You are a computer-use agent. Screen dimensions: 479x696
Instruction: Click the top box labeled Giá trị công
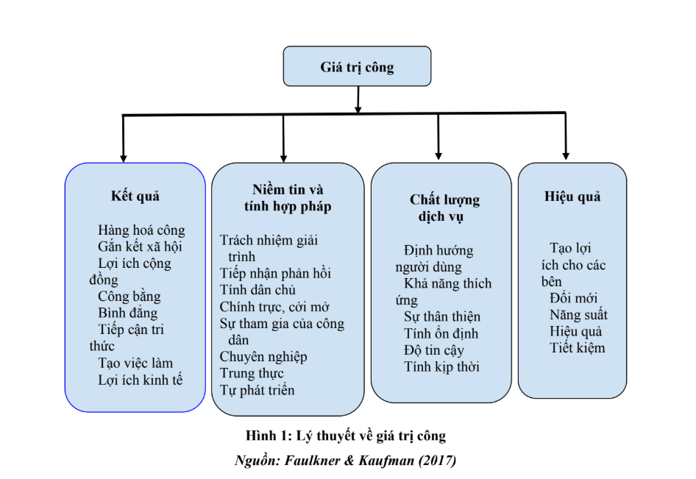click(x=357, y=68)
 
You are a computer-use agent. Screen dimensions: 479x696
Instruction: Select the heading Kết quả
click(x=135, y=196)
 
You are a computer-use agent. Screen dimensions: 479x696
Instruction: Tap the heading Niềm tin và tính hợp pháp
click(x=287, y=198)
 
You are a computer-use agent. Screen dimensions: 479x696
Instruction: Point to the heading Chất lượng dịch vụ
click(x=444, y=208)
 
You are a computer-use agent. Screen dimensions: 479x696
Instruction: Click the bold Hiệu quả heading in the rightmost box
click(x=572, y=196)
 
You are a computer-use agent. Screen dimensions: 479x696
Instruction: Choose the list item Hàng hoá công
click(x=141, y=230)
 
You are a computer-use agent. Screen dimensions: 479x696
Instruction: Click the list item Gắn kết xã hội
click(x=140, y=246)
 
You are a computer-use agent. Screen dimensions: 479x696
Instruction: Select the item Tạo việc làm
click(x=135, y=363)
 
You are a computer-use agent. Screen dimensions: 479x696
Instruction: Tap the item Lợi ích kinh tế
click(x=140, y=380)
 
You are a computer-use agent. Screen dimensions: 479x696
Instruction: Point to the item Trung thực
click(x=252, y=373)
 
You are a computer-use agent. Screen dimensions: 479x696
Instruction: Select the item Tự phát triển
click(x=257, y=390)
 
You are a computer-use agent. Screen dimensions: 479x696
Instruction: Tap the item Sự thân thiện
click(x=441, y=316)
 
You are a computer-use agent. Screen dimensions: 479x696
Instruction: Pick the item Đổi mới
click(x=573, y=298)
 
